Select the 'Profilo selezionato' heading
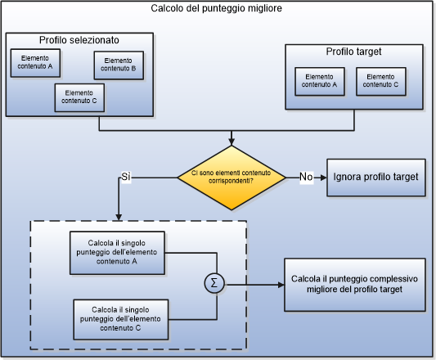pos(79,40)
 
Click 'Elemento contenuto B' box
pos(119,65)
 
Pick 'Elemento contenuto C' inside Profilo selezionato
pos(80,97)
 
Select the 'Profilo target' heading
pos(353,52)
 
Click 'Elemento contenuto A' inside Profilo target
pos(319,79)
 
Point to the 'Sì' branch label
pos(126,177)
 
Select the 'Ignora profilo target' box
pos(376,177)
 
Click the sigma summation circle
pos(215,284)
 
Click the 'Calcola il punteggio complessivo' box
pos(355,284)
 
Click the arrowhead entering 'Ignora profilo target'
pos(323,177)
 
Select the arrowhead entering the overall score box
pos(280,284)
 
